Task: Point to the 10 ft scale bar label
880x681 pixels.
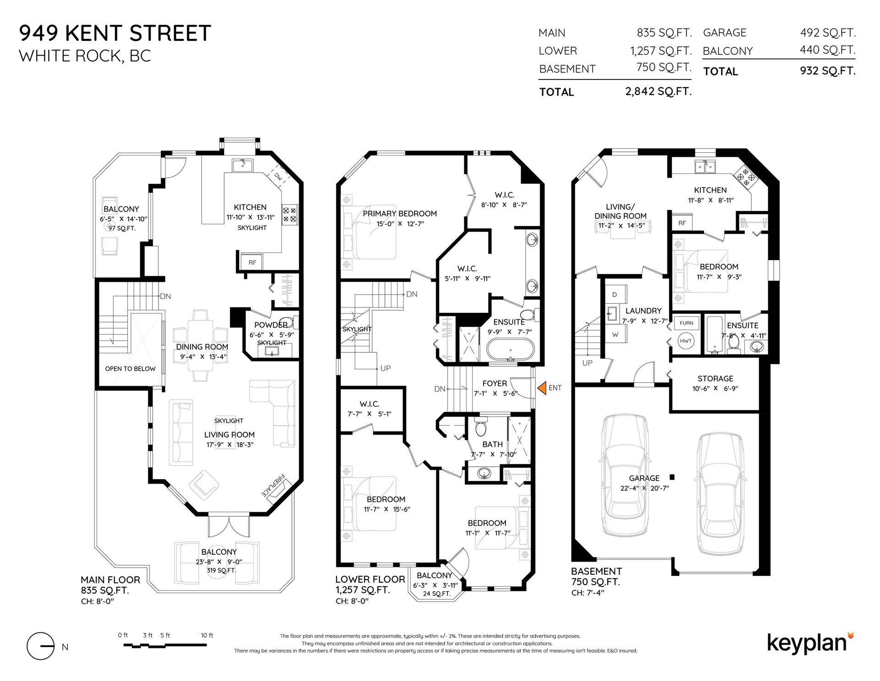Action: tap(207, 636)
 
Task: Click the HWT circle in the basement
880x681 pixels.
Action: tap(686, 341)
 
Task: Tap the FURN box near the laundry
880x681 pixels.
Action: tap(686, 323)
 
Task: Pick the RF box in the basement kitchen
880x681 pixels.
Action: tap(682, 223)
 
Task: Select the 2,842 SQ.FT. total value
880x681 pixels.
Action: tap(658, 91)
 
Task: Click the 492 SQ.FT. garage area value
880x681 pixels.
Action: tap(828, 33)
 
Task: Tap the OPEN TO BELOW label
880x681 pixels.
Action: tap(130, 368)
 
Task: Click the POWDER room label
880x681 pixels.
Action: tap(271, 325)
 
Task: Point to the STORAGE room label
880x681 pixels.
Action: tap(715, 379)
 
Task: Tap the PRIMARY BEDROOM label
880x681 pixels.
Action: tap(400, 213)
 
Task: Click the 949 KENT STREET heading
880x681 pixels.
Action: tap(115, 33)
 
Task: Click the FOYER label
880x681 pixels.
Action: tap(495, 384)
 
